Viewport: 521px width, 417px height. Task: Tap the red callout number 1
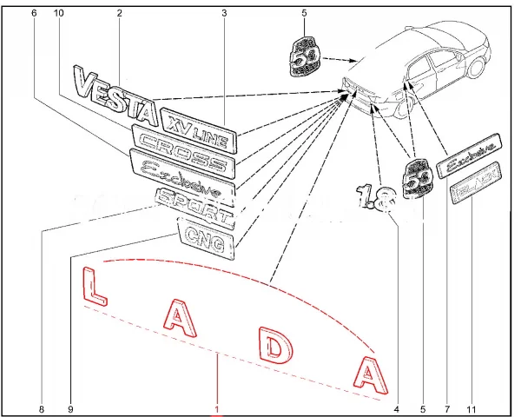click(218, 409)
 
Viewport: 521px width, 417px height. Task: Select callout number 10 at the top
click(59, 14)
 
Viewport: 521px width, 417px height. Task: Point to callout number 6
click(34, 14)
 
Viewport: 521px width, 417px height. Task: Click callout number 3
click(224, 14)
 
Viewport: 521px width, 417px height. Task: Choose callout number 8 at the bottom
click(41, 408)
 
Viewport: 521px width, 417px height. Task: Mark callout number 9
click(71, 408)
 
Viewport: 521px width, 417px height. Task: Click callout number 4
click(396, 408)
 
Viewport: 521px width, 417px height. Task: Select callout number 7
click(446, 408)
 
